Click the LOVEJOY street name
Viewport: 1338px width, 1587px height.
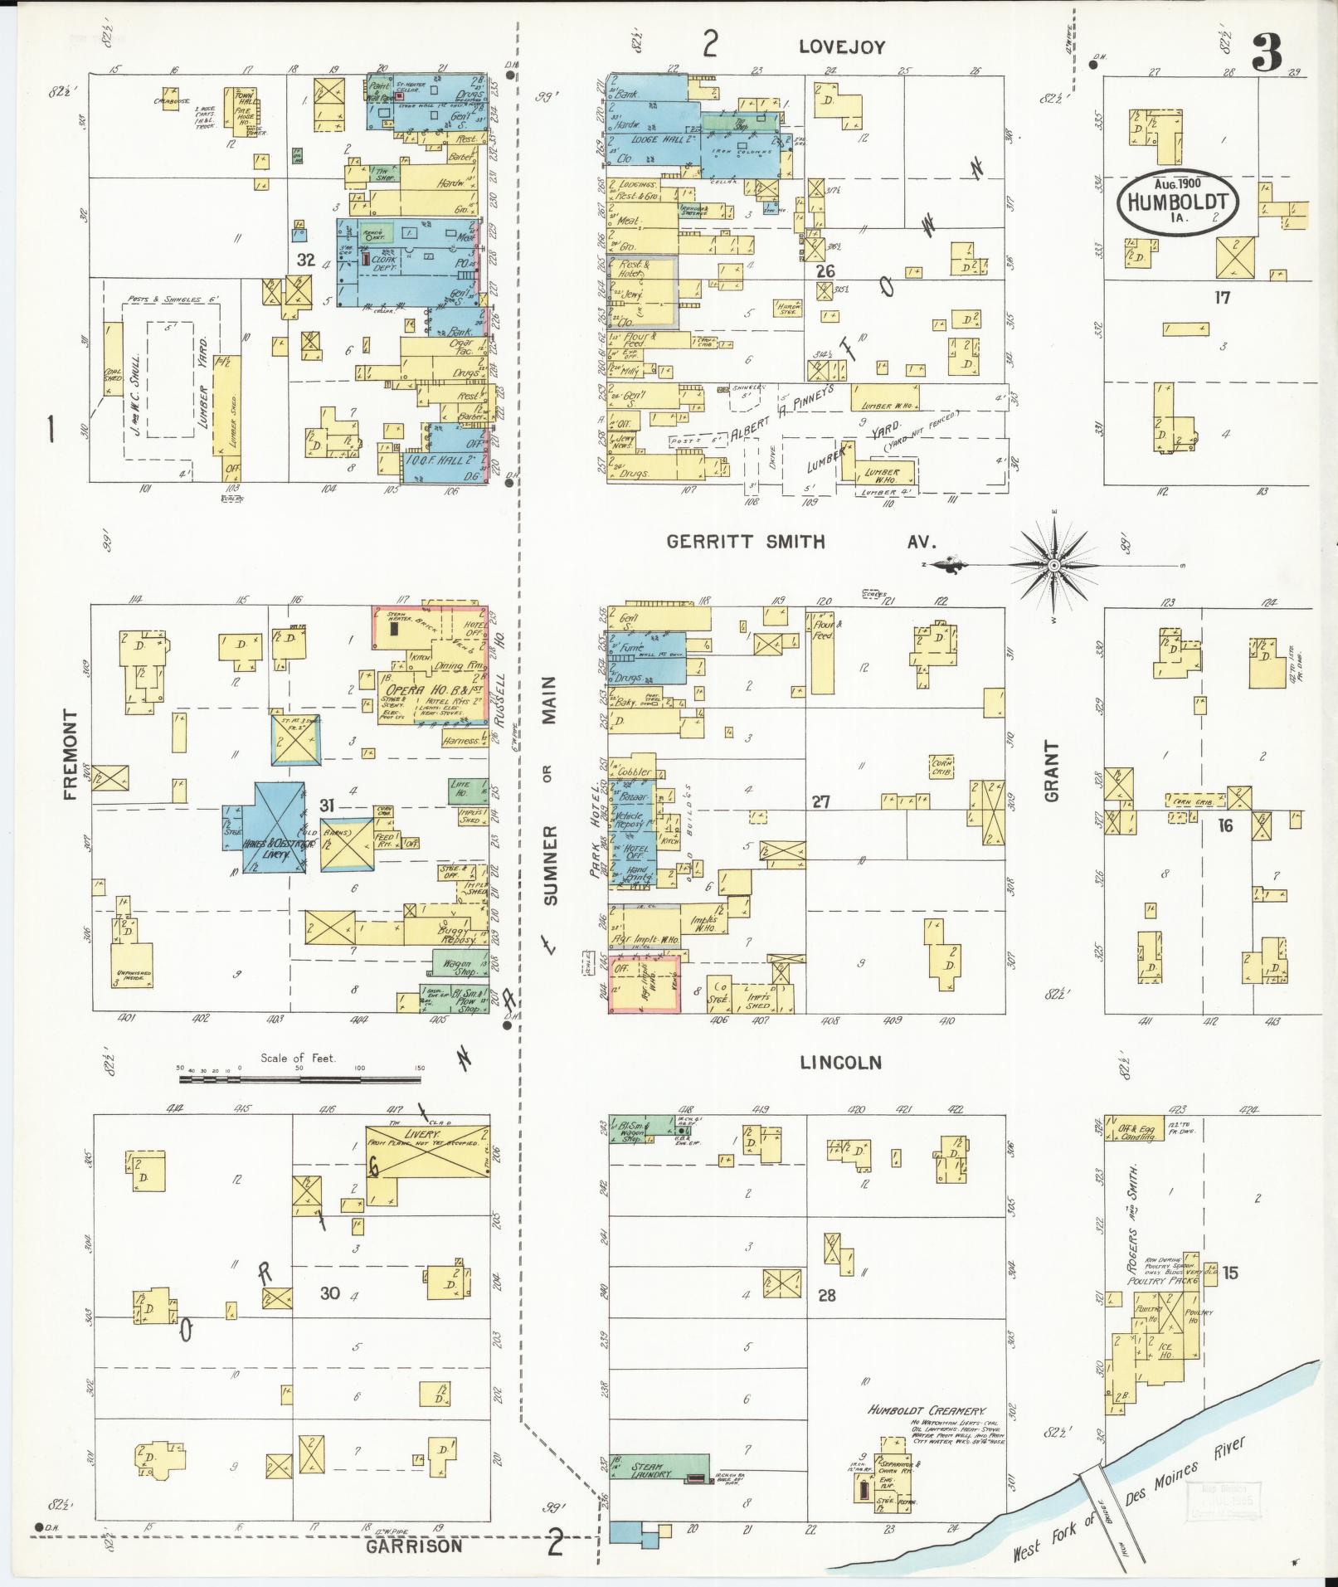tap(842, 47)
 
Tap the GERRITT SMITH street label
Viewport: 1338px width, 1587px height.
tap(747, 543)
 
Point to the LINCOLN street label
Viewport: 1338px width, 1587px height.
tap(840, 1063)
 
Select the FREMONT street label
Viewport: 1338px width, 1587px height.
tap(70, 754)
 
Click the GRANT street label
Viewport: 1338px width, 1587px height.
tap(1053, 772)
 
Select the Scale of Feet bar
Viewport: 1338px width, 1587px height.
tap(299, 1080)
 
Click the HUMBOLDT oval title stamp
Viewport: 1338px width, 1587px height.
tap(1177, 202)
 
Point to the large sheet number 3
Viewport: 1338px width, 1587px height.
tap(1267, 54)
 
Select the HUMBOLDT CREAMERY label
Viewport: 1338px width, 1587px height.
tap(927, 1410)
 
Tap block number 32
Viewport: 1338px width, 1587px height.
tap(306, 260)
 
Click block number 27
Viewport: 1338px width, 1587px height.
tap(820, 802)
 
